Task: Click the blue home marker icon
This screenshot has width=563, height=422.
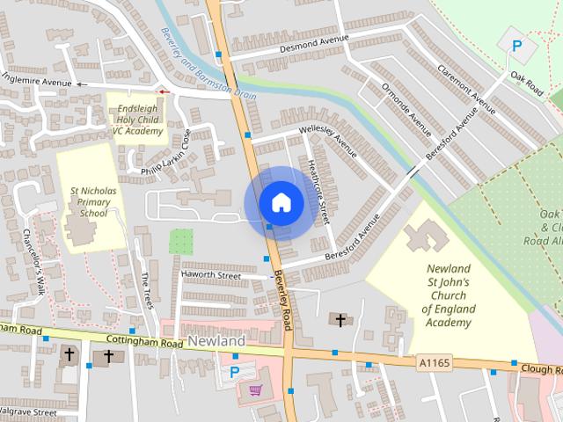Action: [x=281, y=203]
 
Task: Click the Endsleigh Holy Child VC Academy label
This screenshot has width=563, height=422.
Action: [x=137, y=120]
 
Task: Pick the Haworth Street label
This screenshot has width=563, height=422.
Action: [x=210, y=275]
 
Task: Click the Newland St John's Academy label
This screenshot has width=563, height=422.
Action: [x=448, y=295]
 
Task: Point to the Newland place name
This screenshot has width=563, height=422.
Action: [x=216, y=340]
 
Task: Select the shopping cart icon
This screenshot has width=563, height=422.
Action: [x=256, y=389]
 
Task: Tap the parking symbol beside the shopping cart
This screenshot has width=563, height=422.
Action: [x=234, y=372]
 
